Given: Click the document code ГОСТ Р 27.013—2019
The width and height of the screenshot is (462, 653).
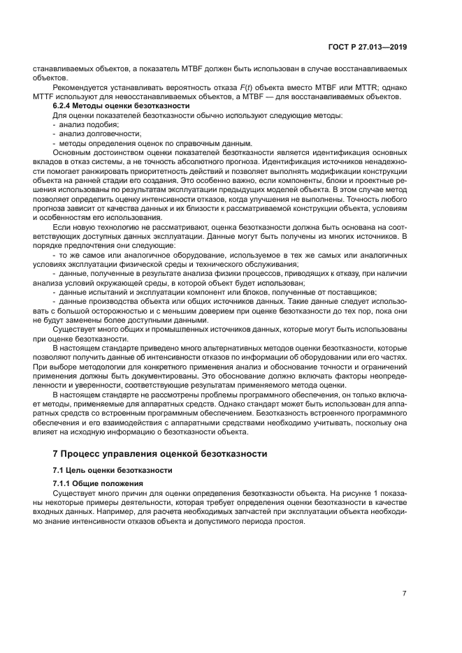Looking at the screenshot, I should click(x=369, y=47).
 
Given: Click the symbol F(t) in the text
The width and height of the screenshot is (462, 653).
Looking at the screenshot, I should click(x=243, y=87).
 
